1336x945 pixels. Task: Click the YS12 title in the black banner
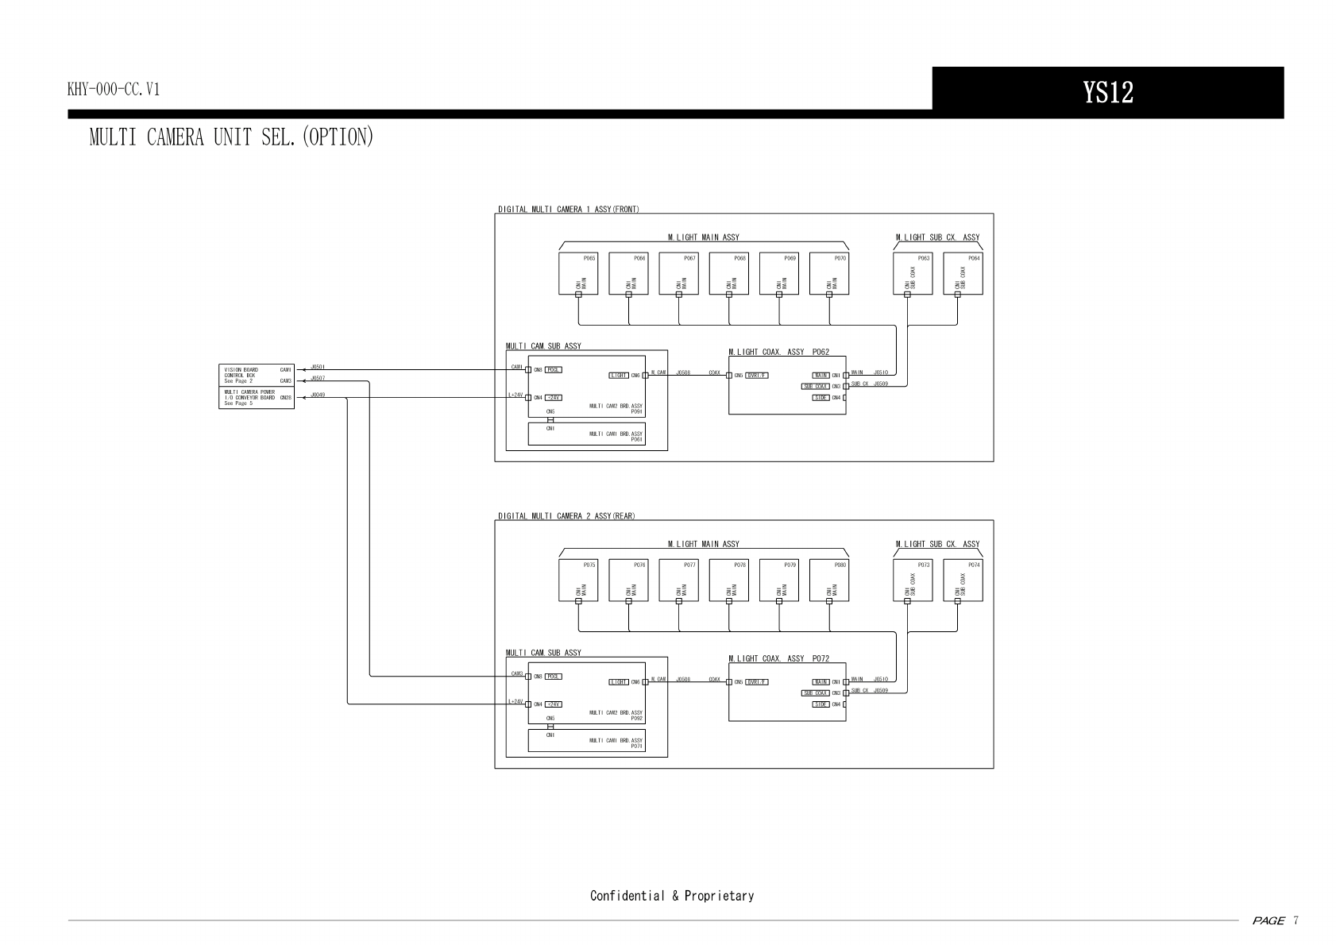[1107, 93]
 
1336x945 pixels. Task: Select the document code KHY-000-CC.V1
[114, 90]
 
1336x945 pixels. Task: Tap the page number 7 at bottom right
[1295, 921]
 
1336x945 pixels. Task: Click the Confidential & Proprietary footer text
[672, 896]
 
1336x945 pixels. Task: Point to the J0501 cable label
[318, 367]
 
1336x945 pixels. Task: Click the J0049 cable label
[318, 395]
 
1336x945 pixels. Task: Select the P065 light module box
[578, 273]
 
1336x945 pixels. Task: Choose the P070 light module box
[829, 273]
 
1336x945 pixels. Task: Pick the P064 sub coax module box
[963, 273]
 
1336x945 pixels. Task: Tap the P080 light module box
[829, 580]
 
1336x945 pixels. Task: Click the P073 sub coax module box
[913, 580]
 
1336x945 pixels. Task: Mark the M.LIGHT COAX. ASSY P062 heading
[778, 352]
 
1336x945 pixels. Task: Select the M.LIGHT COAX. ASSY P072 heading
[778, 658]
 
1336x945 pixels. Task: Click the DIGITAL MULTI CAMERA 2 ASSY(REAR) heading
[566, 516]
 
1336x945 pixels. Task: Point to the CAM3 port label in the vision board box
[286, 381]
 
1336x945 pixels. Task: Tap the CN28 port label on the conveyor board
[286, 397]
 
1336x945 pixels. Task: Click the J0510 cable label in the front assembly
[880, 372]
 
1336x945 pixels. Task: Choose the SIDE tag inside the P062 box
[821, 397]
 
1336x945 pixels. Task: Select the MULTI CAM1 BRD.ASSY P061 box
[587, 434]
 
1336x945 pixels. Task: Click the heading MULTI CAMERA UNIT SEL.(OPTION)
[231, 137]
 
